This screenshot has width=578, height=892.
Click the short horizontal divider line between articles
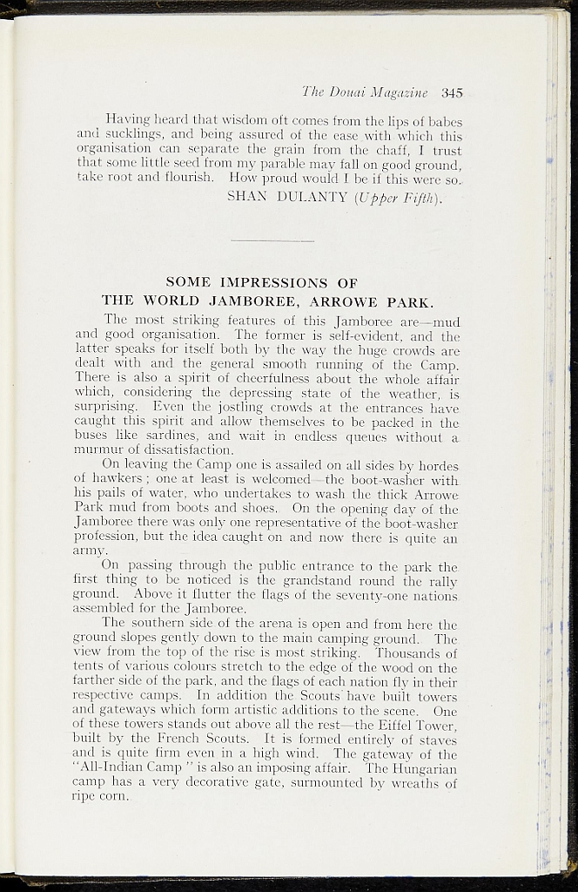(x=273, y=240)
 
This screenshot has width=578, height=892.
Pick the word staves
(x=436, y=740)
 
